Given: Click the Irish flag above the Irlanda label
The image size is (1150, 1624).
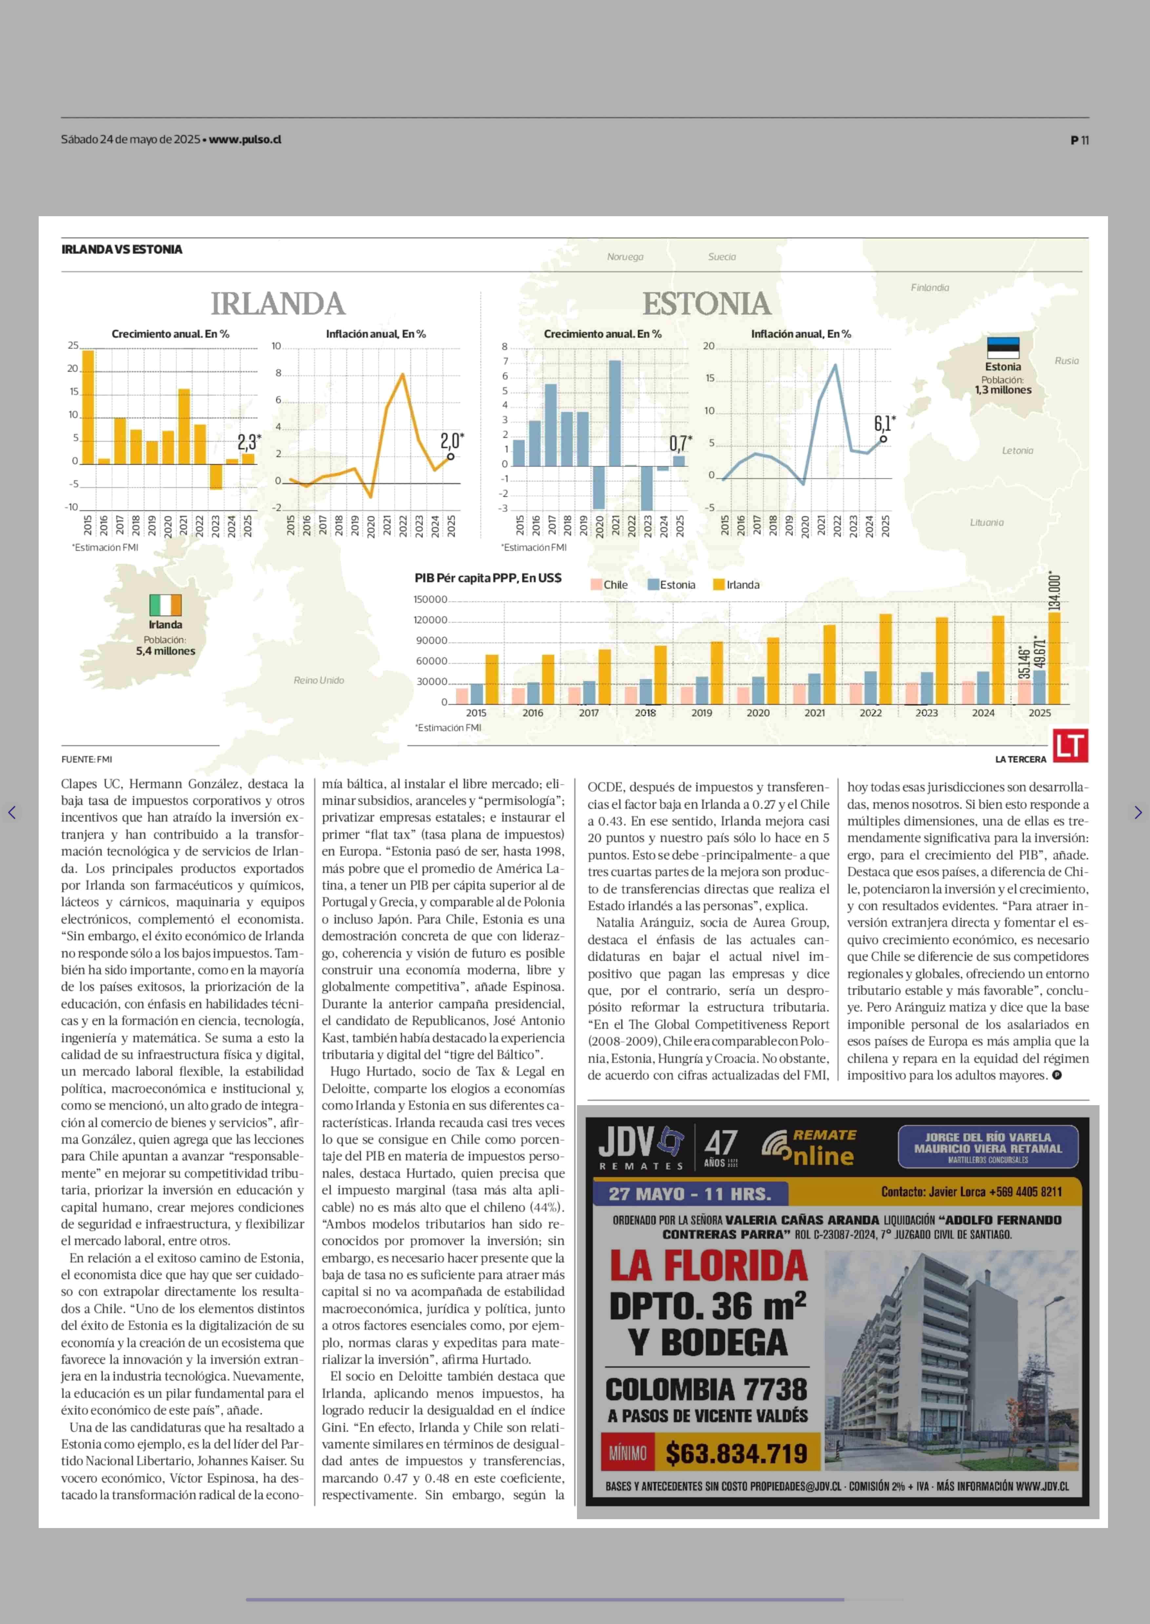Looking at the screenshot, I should pos(165,605).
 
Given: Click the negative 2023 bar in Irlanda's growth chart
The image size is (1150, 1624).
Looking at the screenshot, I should pos(215,476).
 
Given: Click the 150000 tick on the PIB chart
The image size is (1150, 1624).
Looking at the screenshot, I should pos(430,599).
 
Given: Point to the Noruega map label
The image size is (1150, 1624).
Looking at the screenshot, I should pos(625,257).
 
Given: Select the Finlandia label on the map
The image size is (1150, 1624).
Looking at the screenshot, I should pos(929,287).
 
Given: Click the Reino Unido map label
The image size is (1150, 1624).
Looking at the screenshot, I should pos(319,680).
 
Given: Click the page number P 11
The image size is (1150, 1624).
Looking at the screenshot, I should pos(1079,140).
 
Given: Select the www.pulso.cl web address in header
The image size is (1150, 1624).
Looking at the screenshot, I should pos(245,140).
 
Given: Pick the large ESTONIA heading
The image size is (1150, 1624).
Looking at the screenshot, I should pos(706,304).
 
